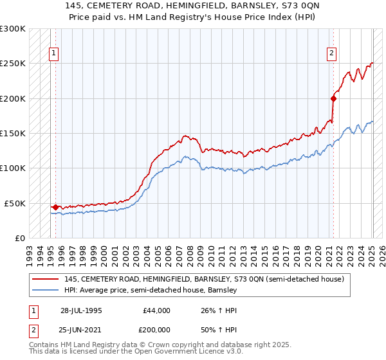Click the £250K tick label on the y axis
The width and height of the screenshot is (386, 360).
[x=13, y=64]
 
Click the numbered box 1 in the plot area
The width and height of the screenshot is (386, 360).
[x=53, y=54]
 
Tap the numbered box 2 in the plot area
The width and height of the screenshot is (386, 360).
[x=332, y=54]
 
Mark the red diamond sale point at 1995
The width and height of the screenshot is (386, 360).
[x=56, y=207]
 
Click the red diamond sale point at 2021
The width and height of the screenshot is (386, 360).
[x=333, y=98]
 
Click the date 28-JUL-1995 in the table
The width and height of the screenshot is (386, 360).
[x=81, y=310]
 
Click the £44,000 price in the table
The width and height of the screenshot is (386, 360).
[x=156, y=310]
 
